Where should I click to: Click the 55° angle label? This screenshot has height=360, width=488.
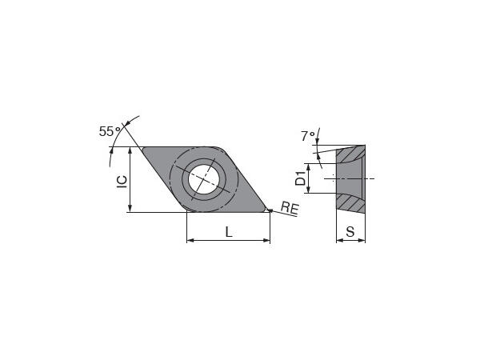coord(110,131)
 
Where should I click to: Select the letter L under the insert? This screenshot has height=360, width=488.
coord(228,232)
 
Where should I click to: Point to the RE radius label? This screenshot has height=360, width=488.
coord(290,209)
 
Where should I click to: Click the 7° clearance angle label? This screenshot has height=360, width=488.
coord(308,137)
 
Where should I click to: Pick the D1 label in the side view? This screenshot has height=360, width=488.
coord(301,178)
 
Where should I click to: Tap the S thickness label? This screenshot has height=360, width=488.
coord(350,232)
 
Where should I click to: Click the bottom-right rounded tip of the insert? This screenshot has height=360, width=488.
coord(263,210)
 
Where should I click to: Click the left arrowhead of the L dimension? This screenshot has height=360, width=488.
coord(190,240)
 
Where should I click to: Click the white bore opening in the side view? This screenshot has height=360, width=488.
coord(352,177)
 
